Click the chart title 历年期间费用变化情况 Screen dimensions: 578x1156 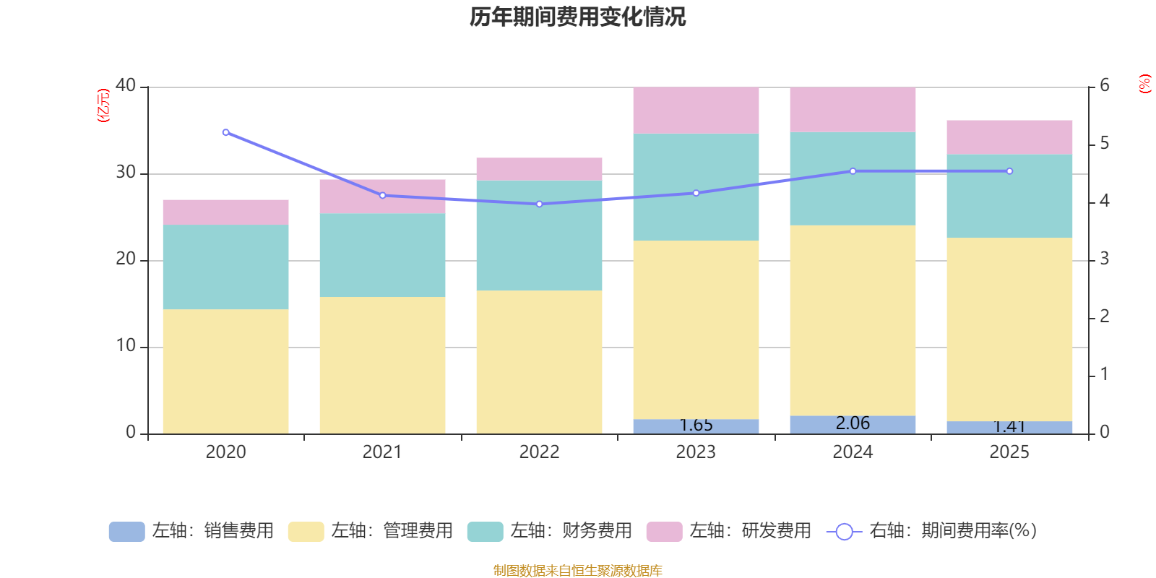point(577,17)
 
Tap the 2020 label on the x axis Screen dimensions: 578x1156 point(225,452)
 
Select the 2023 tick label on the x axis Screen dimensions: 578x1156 point(696,452)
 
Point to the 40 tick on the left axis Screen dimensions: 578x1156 point(126,85)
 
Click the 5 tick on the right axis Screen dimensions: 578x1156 point(1104,143)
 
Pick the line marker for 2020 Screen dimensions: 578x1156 point(225,132)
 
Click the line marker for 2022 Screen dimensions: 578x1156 point(539,204)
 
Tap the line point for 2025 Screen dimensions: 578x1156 point(1009,171)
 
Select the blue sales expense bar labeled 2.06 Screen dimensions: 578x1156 point(853,425)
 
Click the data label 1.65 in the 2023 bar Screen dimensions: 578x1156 point(696,426)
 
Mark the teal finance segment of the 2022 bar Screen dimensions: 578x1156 point(539,235)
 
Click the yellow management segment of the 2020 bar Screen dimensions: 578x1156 point(225,371)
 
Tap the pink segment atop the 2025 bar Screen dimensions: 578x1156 point(1009,137)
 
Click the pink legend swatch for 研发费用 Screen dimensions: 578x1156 point(664,532)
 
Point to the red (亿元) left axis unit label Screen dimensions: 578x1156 point(104,105)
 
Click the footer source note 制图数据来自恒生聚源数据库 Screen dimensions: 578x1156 point(577,571)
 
